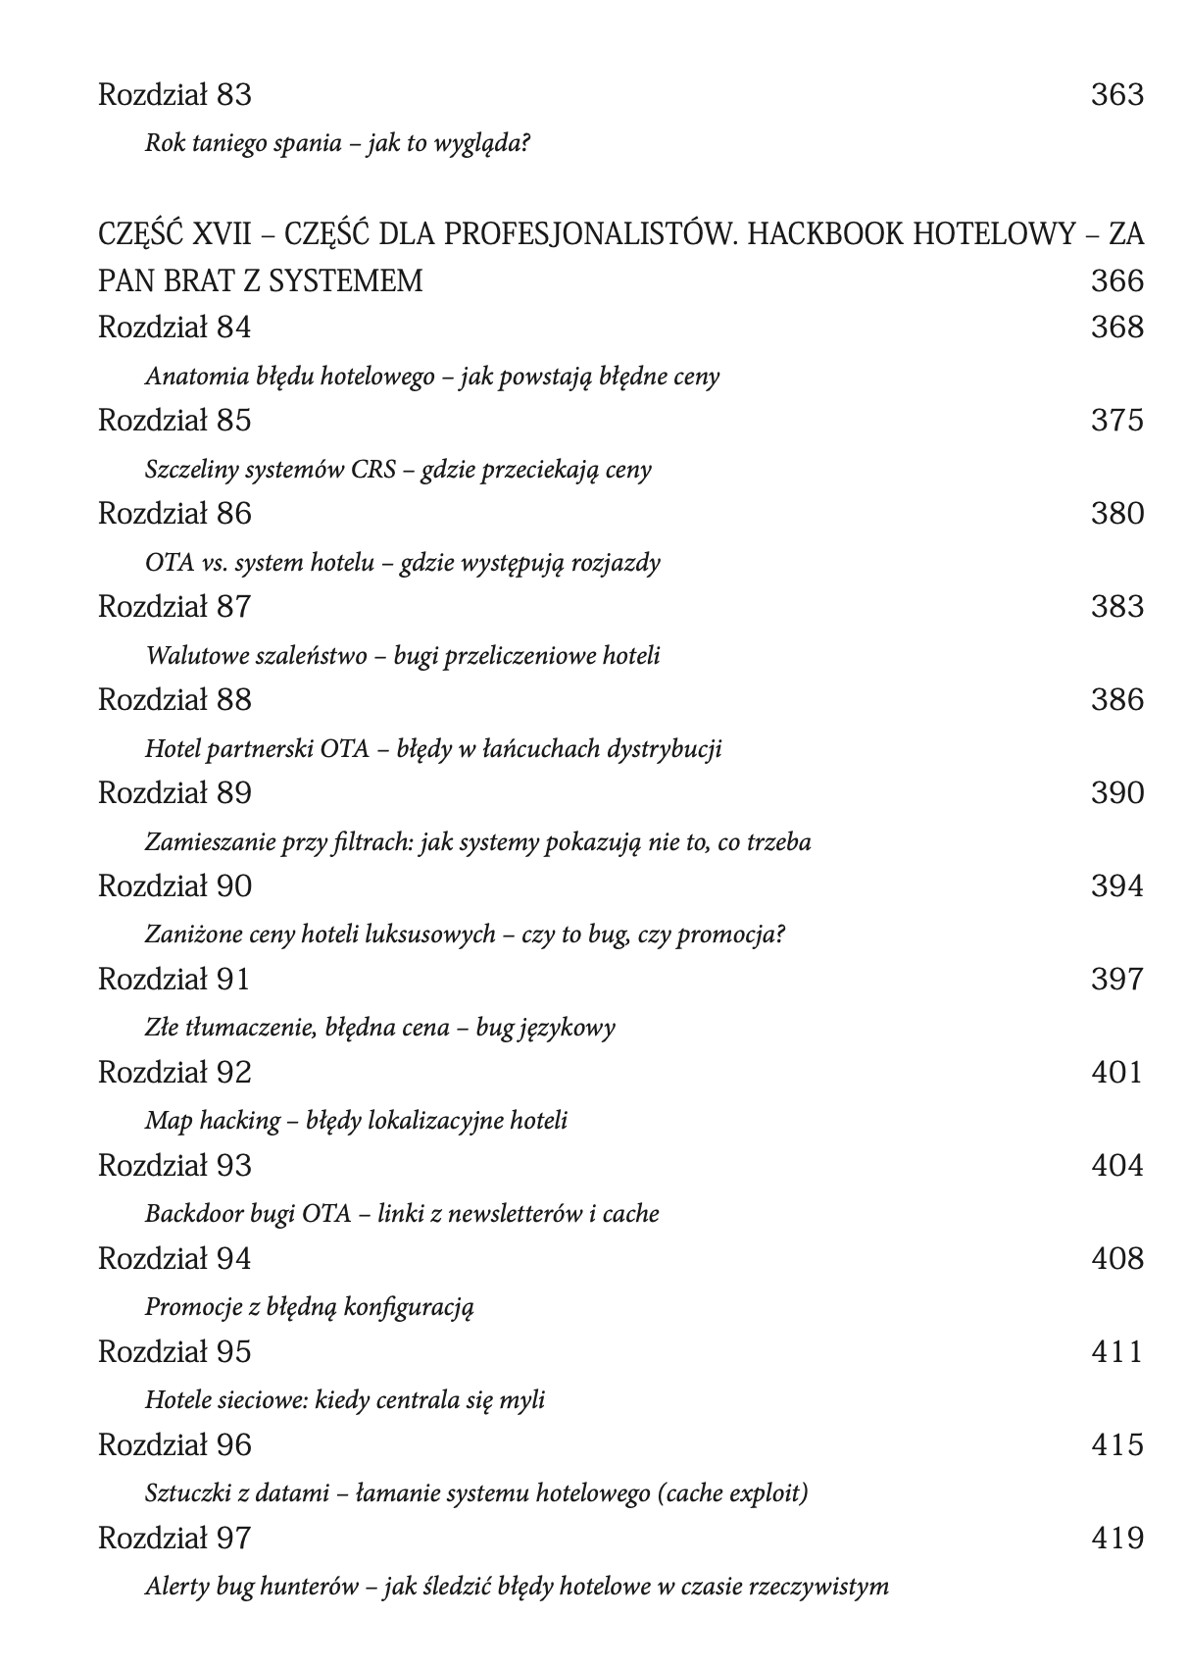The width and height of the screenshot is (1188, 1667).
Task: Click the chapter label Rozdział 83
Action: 174,95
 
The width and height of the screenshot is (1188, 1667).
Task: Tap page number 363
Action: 1116,95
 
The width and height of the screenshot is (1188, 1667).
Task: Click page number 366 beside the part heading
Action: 1116,281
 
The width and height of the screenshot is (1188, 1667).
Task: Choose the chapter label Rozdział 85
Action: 174,421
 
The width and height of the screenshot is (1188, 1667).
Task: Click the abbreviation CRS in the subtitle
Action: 373,470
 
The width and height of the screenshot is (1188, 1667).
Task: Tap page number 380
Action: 1116,514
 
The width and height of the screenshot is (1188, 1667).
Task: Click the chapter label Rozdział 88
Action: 174,700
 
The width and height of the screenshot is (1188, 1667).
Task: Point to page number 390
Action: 1116,793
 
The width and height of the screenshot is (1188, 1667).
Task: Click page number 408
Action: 1116,1259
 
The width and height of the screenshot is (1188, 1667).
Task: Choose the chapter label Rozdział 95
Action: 174,1352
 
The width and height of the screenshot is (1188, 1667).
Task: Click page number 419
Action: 1116,1539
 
